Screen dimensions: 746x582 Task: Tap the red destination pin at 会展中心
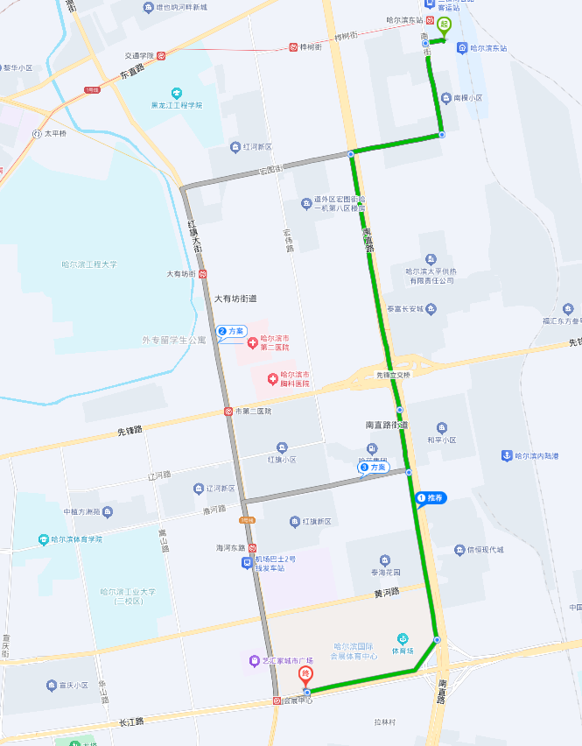(305, 676)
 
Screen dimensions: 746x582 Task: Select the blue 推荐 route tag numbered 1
(431, 498)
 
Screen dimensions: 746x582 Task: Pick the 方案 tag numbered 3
(374, 468)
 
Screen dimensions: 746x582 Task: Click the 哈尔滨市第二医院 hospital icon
(252, 341)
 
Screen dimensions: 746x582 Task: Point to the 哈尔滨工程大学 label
(88, 264)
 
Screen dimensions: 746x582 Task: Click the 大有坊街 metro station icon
(203, 274)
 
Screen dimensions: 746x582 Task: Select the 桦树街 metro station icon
(293, 47)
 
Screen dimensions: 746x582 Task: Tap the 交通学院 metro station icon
(162, 55)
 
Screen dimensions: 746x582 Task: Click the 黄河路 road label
(386, 593)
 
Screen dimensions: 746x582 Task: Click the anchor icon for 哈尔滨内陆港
(505, 455)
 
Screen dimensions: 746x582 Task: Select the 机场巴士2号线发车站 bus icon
(247, 562)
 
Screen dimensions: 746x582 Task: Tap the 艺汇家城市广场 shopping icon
(254, 660)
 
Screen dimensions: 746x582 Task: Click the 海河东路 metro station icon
(252, 547)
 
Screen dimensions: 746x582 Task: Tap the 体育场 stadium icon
(402, 638)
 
